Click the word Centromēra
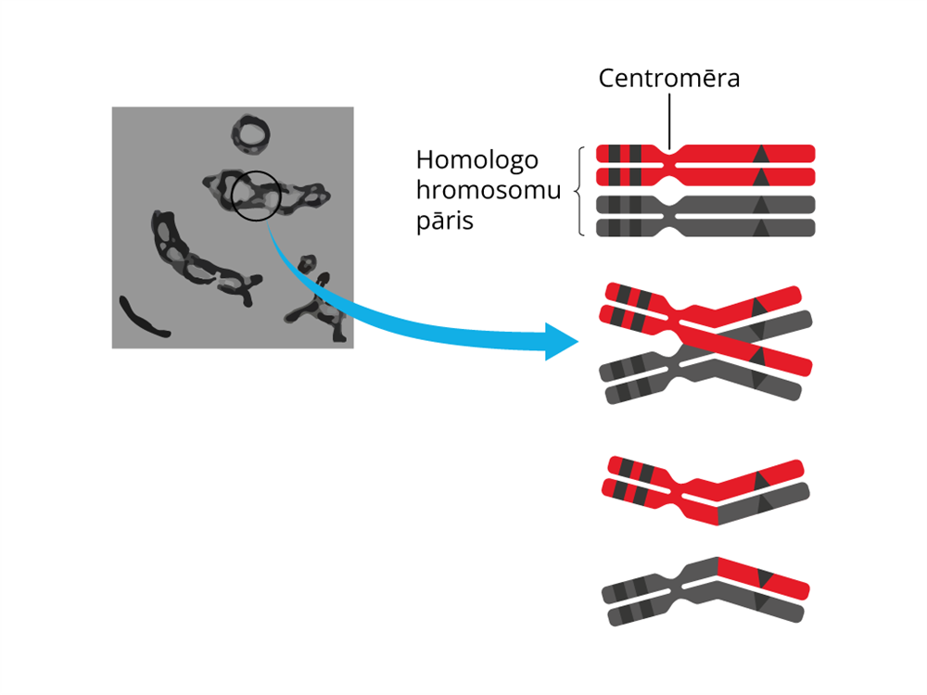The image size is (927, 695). (669, 78)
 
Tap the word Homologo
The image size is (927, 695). (476, 159)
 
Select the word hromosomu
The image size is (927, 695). (489, 191)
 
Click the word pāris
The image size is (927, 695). (445, 222)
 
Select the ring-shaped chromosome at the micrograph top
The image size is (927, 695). (250, 135)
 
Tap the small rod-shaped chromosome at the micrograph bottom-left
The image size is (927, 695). (143, 318)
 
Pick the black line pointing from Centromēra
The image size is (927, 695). (668, 120)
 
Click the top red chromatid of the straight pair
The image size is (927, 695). (742, 152)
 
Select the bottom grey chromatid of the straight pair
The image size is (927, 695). (742, 227)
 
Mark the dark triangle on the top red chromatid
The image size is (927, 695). (761, 153)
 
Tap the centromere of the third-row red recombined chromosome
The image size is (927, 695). (690, 492)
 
